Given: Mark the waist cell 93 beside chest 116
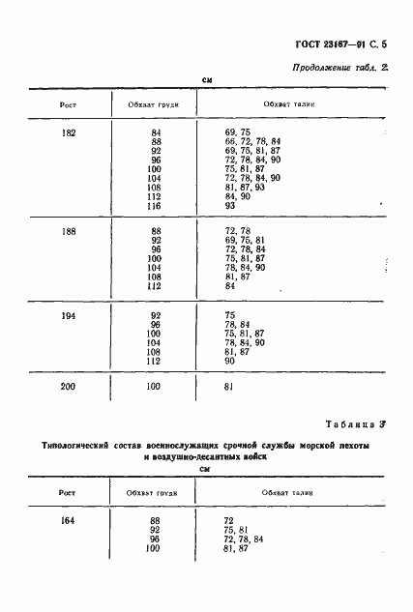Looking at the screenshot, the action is (230, 205).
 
